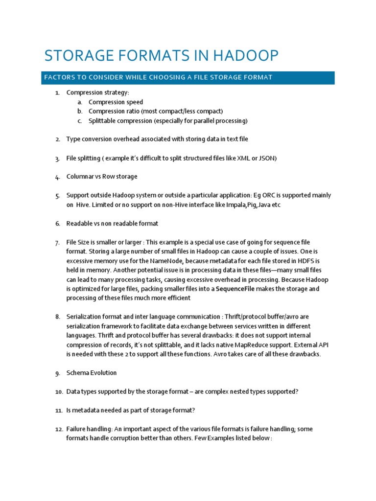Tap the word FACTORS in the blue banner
[59, 78]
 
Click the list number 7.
[57, 243]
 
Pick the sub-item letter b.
[80, 112]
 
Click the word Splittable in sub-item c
[103, 121]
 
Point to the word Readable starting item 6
[80, 224]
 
